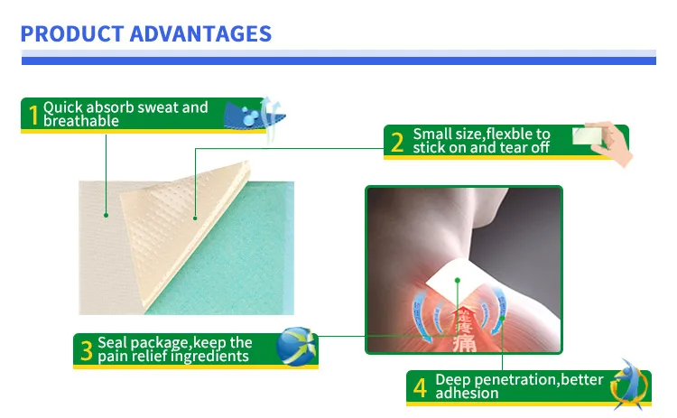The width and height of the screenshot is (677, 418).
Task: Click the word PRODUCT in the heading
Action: [70, 34]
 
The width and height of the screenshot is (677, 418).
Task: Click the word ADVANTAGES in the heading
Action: [199, 34]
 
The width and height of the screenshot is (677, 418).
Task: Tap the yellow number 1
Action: [33, 115]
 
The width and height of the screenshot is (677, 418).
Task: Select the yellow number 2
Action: [397, 142]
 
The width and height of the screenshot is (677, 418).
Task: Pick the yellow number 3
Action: [86, 350]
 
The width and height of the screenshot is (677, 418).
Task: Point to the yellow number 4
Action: [420, 387]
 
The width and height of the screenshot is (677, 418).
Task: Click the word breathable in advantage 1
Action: [81, 121]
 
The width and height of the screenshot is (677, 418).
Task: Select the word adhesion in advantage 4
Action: [467, 394]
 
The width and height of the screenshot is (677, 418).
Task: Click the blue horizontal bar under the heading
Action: [338, 60]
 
